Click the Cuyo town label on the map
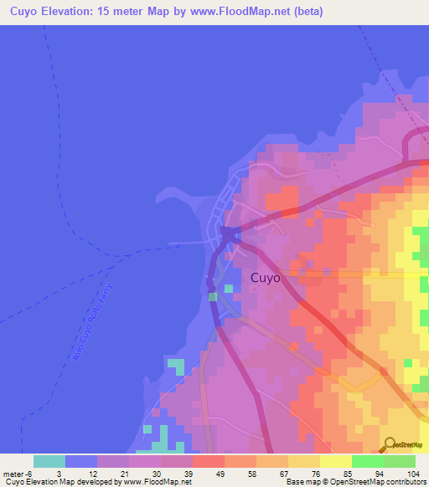[266, 278]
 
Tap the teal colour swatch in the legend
[49, 461]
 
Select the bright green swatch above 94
[368, 461]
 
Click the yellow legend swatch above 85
[336, 461]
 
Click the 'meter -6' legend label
[17, 473]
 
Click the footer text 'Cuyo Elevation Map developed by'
[59, 482]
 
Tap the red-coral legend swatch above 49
[209, 461]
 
